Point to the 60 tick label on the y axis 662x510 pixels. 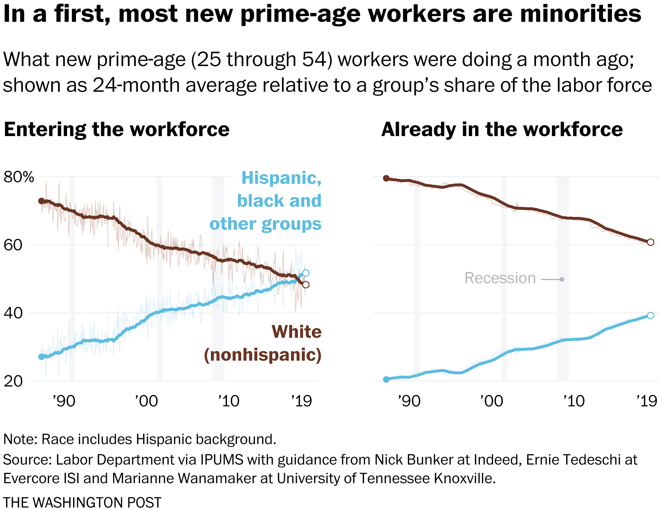[x=13, y=245]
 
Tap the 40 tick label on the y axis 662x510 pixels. [x=13, y=313]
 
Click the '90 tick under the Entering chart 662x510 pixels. [x=64, y=401]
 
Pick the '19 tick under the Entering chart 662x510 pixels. [x=301, y=401]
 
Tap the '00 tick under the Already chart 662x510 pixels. [x=491, y=401]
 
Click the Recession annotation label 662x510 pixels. [x=500, y=278]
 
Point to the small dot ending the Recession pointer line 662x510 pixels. [x=562, y=279]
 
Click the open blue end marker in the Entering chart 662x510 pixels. [x=306, y=273]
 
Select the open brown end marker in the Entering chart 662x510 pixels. [x=306, y=285]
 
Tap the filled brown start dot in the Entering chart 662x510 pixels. [x=41, y=201]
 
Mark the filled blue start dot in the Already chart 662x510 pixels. [x=386, y=379]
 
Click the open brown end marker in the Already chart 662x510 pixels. [x=650, y=242]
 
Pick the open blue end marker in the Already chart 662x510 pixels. [x=650, y=316]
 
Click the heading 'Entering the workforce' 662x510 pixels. [x=117, y=130]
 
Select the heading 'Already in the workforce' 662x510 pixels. [x=502, y=130]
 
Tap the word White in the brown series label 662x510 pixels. [x=296, y=332]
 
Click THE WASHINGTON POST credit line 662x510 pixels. [x=82, y=503]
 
